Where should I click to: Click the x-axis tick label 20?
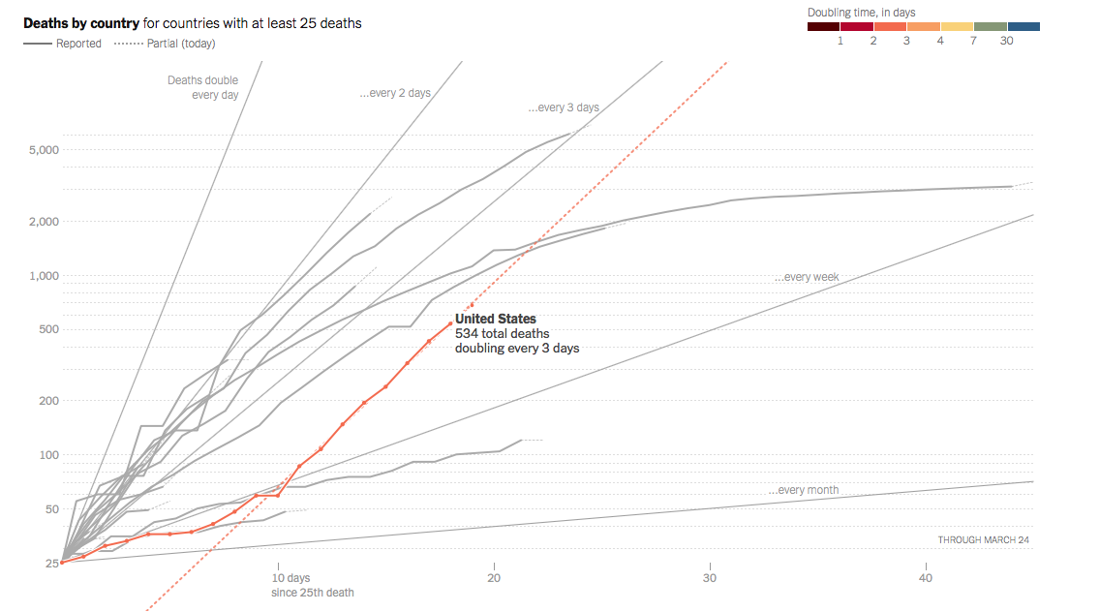coord(494,578)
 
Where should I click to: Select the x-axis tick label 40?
coord(926,578)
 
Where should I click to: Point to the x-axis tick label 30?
coord(710,578)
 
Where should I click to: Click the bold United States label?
coord(496,319)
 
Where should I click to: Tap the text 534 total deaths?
coord(503,334)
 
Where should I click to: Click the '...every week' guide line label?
coord(807,278)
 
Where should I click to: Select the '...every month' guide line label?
coord(804,490)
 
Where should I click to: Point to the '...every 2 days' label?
coord(395,93)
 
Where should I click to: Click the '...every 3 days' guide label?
coord(564,107)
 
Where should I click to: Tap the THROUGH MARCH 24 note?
coord(983,540)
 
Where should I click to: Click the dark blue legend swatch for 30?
coord(1024,27)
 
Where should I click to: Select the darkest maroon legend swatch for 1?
coord(824,27)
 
